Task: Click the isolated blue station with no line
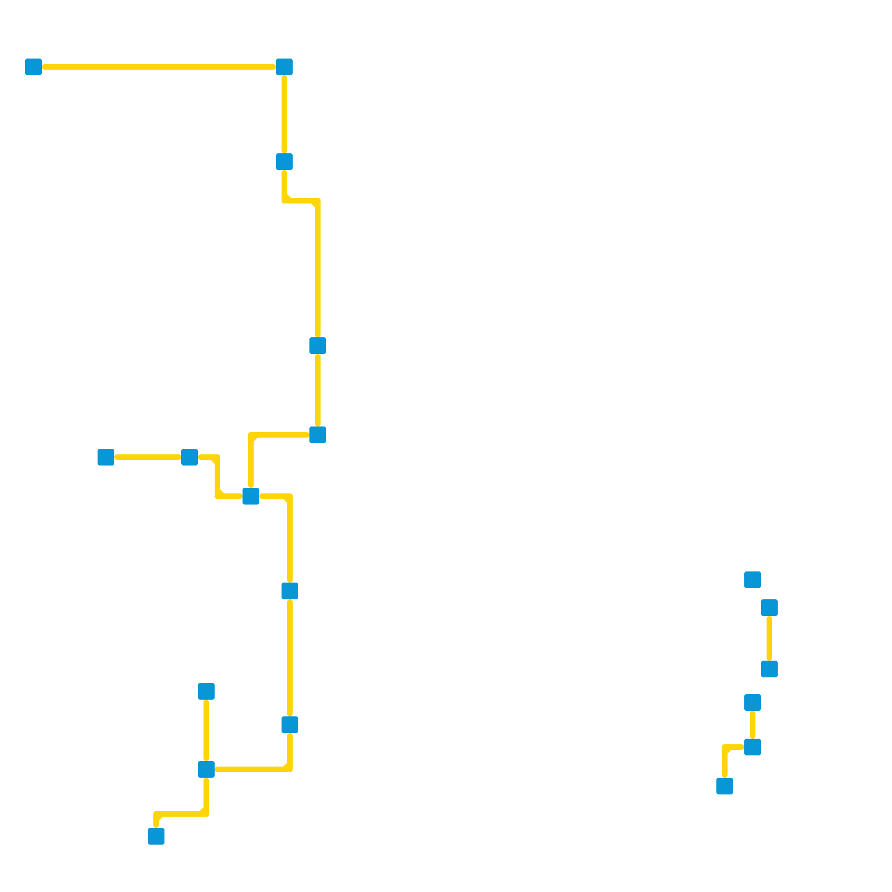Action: pyautogui.click(x=753, y=580)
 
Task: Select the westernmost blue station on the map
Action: pyautogui.click(x=33, y=67)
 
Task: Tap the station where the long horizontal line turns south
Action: pyautogui.click(x=284, y=67)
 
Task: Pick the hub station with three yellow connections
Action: pyautogui.click(x=251, y=496)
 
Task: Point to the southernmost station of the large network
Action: pyautogui.click(x=156, y=836)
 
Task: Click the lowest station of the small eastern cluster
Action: pyautogui.click(x=725, y=786)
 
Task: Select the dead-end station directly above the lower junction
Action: pyautogui.click(x=206, y=691)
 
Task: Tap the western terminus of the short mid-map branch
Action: pyautogui.click(x=106, y=457)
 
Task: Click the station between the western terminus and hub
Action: pyautogui.click(x=190, y=457)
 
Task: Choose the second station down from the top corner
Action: pyautogui.click(x=284, y=162)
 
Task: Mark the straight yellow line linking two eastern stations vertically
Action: pyautogui.click(x=769, y=638)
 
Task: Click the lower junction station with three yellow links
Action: pyautogui.click(x=206, y=769)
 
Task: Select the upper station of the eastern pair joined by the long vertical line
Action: pyautogui.click(x=769, y=608)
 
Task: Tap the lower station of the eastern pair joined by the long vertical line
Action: pyautogui.click(x=769, y=669)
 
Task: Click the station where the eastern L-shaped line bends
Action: pyautogui.click(x=753, y=747)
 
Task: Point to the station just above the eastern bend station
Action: pyautogui.click(x=753, y=702)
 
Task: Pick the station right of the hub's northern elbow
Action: pyautogui.click(x=318, y=435)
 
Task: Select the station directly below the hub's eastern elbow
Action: pyautogui.click(x=290, y=591)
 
